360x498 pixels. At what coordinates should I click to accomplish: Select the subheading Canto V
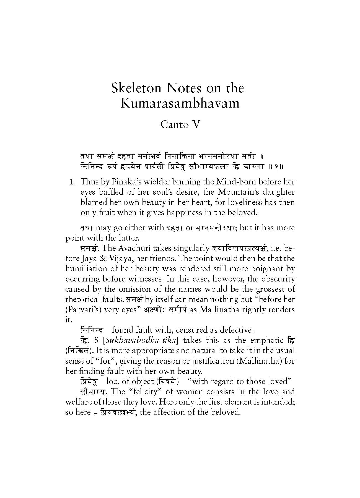click(180, 124)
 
